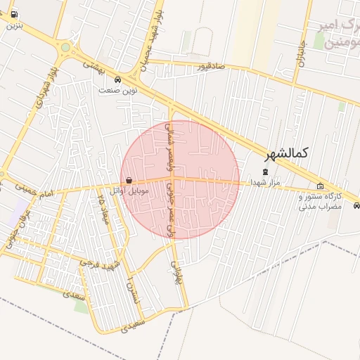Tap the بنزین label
[x=15, y=25]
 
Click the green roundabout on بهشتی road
[x=66, y=48]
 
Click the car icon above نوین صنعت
[x=117, y=79]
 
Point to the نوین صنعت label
[x=117, y=90]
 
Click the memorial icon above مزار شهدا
[x=265, y=172]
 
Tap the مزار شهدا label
[x=265, y=182]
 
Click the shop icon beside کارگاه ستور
[x=321, y=186]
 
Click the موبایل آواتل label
[x=128, y=190]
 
